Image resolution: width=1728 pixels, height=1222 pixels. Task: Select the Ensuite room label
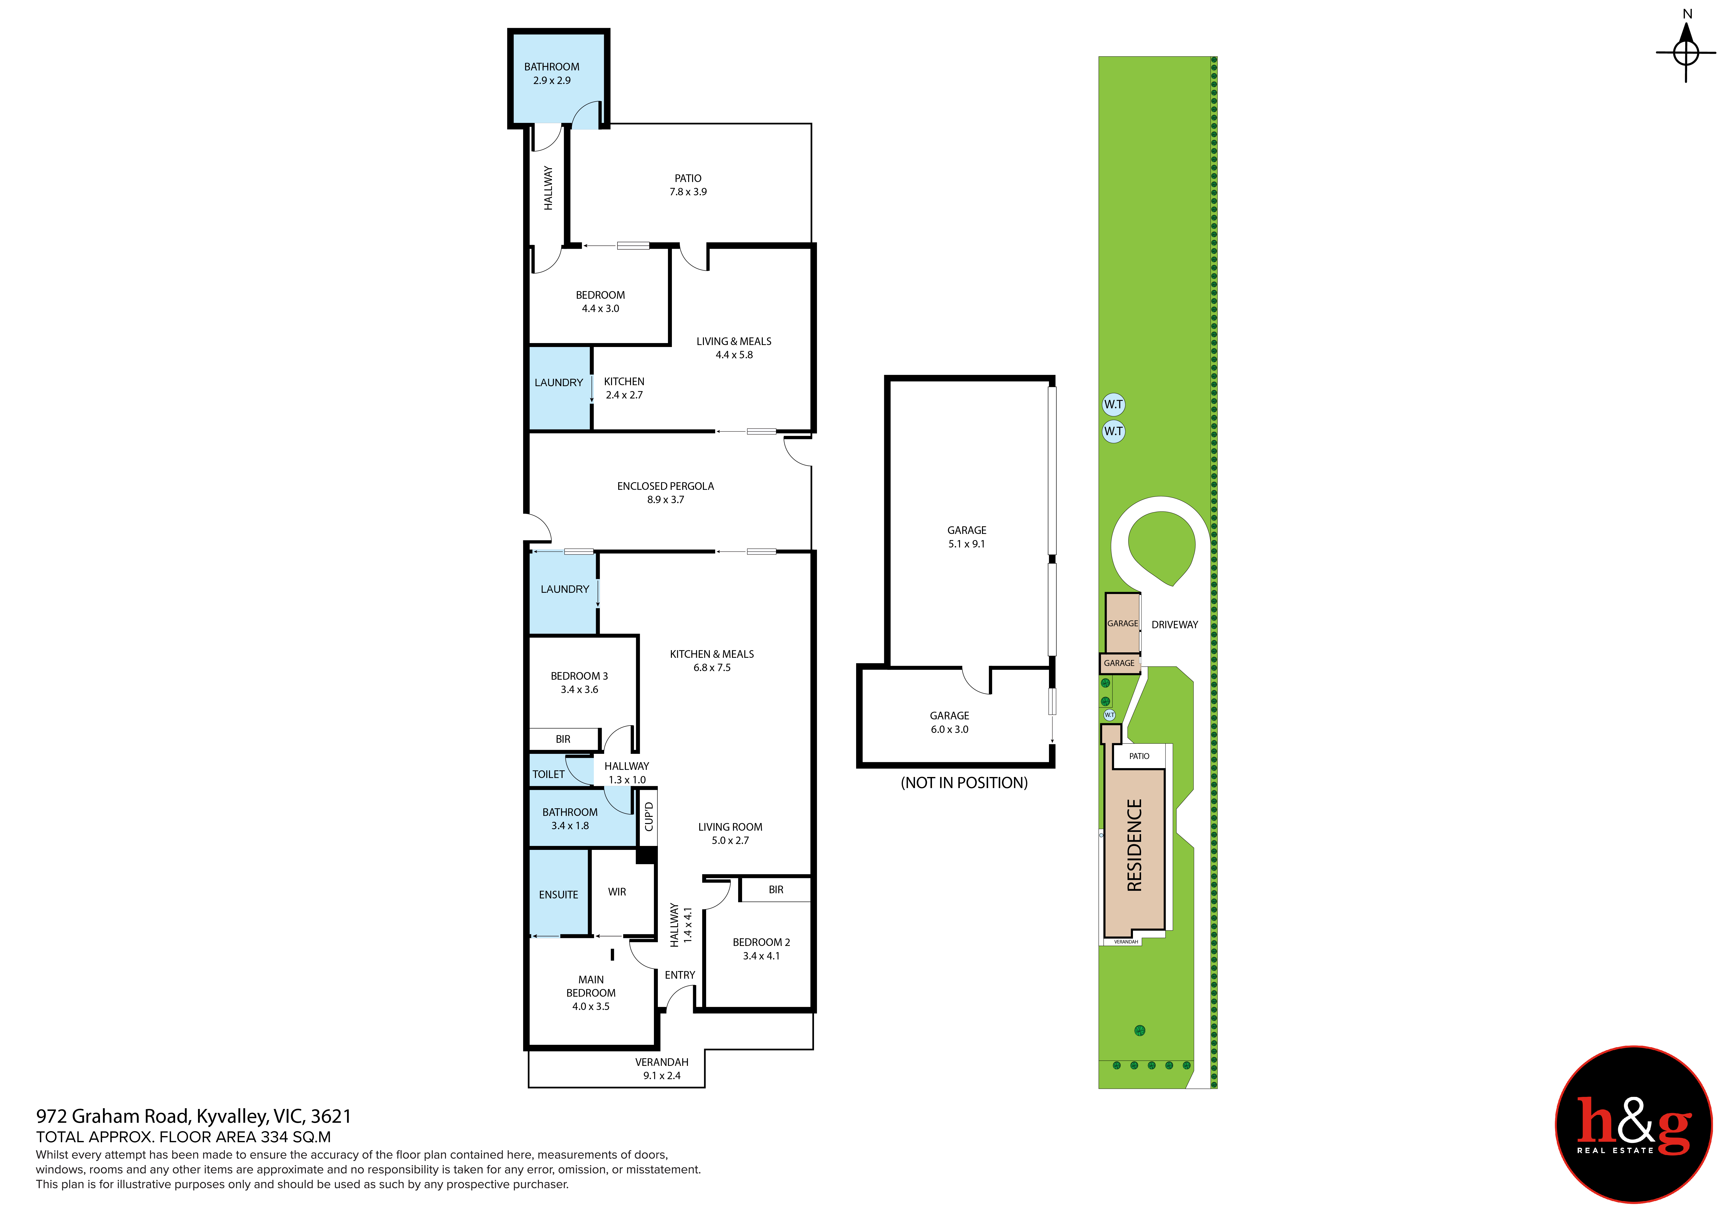click(x=558, y=895)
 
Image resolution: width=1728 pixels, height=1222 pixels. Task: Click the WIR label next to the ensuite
click(x=617, y=892)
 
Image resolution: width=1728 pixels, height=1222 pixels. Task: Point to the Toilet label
click(x=549, y=774)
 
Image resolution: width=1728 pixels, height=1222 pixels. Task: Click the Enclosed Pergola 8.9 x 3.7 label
click(x=665, y=493)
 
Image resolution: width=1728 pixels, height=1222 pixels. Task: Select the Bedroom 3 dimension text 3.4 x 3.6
click(x=580, y=689)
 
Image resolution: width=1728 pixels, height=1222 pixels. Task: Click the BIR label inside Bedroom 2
click(x=776, y=890)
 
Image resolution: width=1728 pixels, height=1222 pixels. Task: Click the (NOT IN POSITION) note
click(x=964, y=783)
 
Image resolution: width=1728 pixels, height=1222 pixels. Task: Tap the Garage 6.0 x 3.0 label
click(x=950, y=722)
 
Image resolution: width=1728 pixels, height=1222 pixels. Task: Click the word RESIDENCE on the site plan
click(x=1134, y=845)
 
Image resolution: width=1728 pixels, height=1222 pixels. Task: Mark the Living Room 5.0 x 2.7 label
click(x=730, y=834)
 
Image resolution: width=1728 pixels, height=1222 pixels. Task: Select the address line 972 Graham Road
click(x=193, y=1117)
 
